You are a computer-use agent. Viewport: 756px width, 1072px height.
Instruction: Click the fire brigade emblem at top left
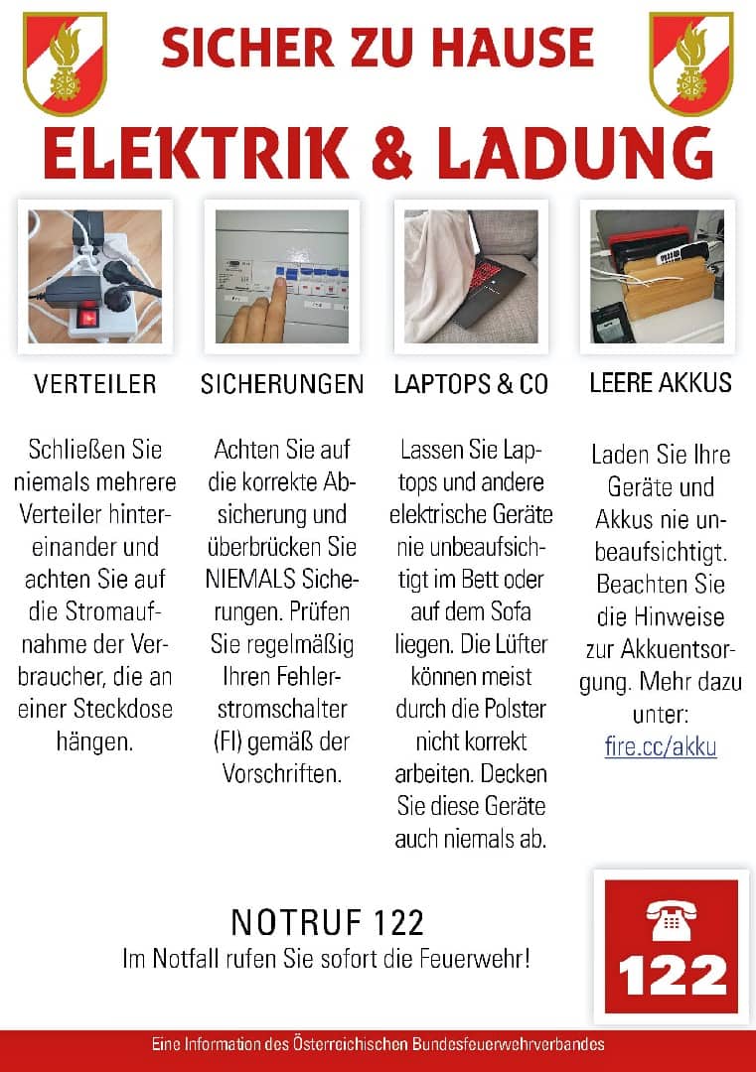tap(65, 62)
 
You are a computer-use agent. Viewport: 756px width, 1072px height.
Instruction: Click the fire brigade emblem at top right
tap(690, 62)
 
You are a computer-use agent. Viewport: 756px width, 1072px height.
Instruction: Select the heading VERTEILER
tap(95, 384)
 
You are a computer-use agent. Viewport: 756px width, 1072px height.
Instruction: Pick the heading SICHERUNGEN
tap(282, 384)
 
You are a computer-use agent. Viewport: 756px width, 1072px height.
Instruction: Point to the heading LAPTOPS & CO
tap(471, 384)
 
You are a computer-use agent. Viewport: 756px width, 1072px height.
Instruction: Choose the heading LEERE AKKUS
tap(660, 383)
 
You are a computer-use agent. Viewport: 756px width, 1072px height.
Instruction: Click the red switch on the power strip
tap(89, 318)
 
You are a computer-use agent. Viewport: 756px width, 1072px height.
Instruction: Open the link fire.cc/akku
tap(661, 746)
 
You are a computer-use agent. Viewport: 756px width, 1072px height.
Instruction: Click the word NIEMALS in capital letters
tap(248, 579)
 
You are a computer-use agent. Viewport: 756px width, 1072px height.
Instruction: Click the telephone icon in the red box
tap(672, 920)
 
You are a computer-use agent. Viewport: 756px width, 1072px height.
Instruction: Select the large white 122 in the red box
tap(672, 976)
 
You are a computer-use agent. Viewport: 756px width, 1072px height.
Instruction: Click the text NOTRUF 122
tap(328, 923)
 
